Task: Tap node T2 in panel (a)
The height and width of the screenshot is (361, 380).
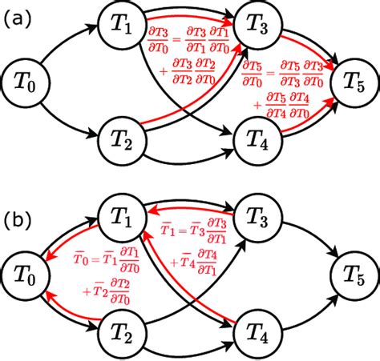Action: pos(121,140)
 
